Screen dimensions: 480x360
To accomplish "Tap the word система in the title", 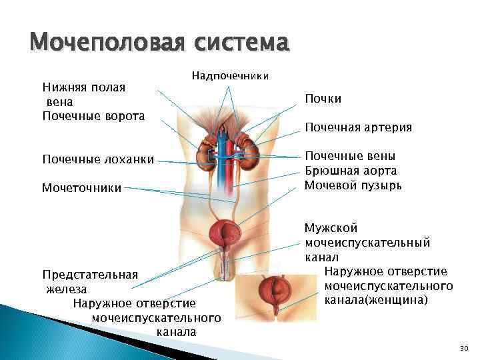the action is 242,44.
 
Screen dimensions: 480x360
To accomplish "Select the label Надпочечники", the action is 230,76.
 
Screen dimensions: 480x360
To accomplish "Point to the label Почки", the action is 323,99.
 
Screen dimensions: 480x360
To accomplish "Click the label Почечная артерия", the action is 358,127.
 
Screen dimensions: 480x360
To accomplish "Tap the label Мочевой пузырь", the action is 353,185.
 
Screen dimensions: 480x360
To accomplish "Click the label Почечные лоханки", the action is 98,159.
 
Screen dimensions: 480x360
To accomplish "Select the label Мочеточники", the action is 82,188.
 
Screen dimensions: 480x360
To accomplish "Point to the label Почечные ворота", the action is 93,116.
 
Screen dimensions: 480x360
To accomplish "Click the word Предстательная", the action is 90,275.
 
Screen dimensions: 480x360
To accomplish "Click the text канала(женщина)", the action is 377,300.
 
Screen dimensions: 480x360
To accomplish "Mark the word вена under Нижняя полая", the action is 59,102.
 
